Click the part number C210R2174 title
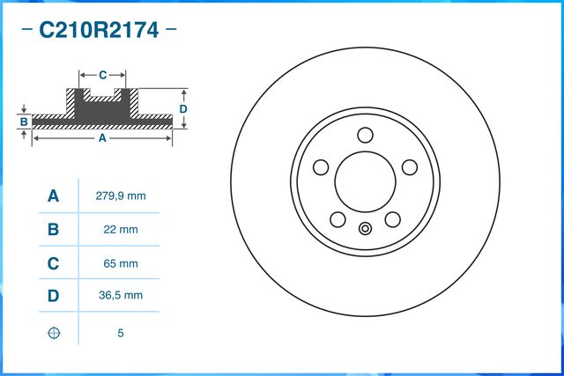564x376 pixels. [99, 31]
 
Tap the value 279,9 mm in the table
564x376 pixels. [120, 196]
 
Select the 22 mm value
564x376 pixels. [120, 230]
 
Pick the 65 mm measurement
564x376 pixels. [120, 263]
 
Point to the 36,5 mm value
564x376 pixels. [120, 297]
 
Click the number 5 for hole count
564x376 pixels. [120, 334]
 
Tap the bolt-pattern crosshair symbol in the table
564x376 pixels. [54, 334]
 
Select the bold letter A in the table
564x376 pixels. [54, 196]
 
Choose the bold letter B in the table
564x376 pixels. [54, 230]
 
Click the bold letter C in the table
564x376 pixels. [54, 263]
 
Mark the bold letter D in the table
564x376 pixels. [54, 297]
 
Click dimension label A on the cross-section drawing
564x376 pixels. [101, 139]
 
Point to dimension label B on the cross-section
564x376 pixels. [25, 121]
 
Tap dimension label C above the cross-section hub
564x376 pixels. [102, 74]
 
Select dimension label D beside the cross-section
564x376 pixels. [183, 108]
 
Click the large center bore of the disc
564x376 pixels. [365, 181]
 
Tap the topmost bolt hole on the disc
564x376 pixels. [365, 135]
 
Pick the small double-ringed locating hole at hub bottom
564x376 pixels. [365, 231]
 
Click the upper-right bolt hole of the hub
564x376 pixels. [409, 167]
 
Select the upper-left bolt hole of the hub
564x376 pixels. [321, 167]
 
